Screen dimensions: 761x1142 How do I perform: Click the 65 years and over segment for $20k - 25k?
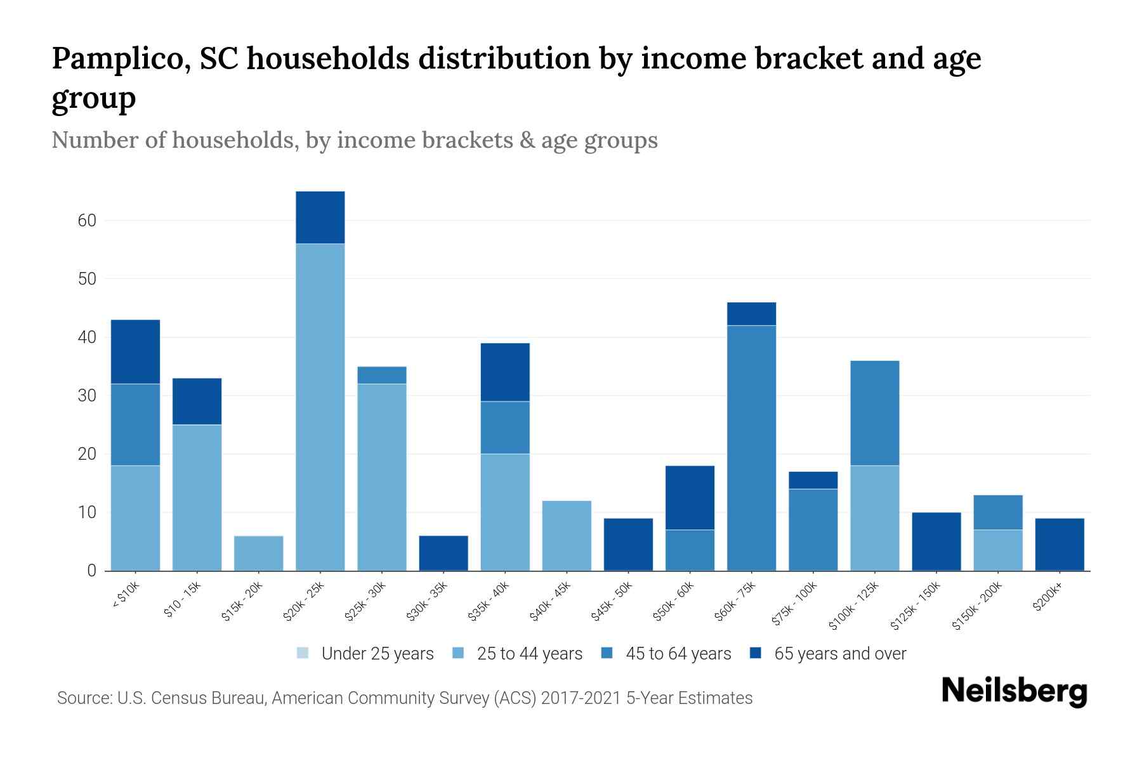[x=320, y=218]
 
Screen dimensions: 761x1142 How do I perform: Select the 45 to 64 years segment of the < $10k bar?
[x=135, y=424]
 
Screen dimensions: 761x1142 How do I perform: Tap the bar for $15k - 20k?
[x=259, y=553]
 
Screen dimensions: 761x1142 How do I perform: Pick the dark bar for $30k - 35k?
[x=443, y=553]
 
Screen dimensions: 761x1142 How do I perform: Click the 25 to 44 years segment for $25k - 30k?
[x=382, y=477]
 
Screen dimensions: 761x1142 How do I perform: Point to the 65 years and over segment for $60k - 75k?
[x=751, y=314]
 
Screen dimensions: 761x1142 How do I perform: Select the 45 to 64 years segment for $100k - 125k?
[x=875, y=413]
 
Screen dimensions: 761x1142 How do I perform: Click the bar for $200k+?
[x=1060, y=544]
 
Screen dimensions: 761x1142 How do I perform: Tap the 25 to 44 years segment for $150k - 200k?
[x=998, y=550]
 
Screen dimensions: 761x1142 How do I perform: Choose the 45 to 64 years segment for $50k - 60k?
[x=690, y=550]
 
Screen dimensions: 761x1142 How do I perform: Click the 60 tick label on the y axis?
[x=87, y=221]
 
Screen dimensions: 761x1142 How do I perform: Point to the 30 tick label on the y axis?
[x=87, y=396]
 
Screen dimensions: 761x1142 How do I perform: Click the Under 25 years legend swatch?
[x=303, y=653]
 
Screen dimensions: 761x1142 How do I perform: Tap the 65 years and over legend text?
[x=840, y=654]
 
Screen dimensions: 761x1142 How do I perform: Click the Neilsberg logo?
[x=1014, y=691]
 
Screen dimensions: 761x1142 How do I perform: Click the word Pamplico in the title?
[x=121, y=58]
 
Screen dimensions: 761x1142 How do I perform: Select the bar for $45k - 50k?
[x=628, y=544]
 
